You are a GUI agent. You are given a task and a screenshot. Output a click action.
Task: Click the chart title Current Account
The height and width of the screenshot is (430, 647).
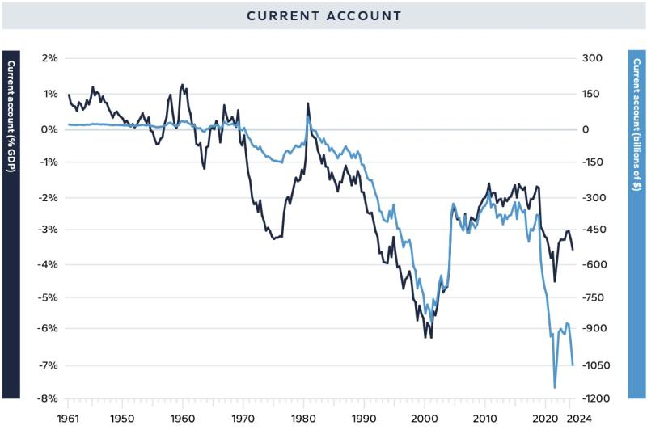(x=323, y=16)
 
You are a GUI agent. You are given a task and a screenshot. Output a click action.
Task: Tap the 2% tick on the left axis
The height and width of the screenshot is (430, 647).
(x=49, y=58)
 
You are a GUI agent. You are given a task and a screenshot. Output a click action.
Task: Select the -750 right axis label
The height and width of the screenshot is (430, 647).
(x=593, y=297)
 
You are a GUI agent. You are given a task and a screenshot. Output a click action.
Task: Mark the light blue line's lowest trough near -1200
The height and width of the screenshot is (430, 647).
(x=555, y=388)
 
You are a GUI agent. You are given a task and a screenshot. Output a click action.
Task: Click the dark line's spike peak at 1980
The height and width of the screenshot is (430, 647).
(x=307, y=103)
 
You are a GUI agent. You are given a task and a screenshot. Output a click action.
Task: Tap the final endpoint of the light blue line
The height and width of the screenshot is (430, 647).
(x=573, y=365)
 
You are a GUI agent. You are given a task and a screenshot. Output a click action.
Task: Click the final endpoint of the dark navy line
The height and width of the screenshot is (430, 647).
(x=573, y=250)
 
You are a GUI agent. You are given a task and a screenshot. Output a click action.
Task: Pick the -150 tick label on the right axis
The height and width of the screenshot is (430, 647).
(x=593, y=162)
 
